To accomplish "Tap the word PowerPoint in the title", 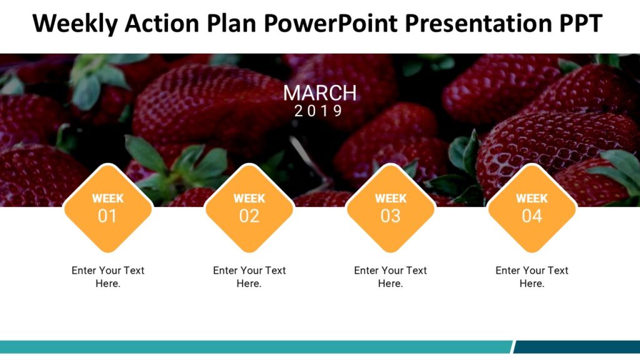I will click(x=330, y=24).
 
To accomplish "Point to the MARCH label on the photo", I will click(x=319, y=93).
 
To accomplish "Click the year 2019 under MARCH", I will click(x=319, y=111).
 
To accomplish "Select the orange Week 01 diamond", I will click(x=107, y=209).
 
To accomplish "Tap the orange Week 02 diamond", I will click(x=249, y=209).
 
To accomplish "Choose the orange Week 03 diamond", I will click(x=391, y=209).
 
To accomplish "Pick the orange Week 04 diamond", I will click(x=532, y=209).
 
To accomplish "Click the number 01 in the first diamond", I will click(x=107, y=217).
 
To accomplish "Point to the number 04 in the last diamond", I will click(x=532, y=217).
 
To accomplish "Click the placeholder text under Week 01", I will click(x=107, y=277).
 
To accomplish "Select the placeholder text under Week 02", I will click(x=249, y=277).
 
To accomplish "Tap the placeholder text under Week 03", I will click(x=391, y=277).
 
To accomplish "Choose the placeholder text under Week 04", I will click(x=532, y=277).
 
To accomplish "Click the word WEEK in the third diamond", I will click(x=391, y=199).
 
